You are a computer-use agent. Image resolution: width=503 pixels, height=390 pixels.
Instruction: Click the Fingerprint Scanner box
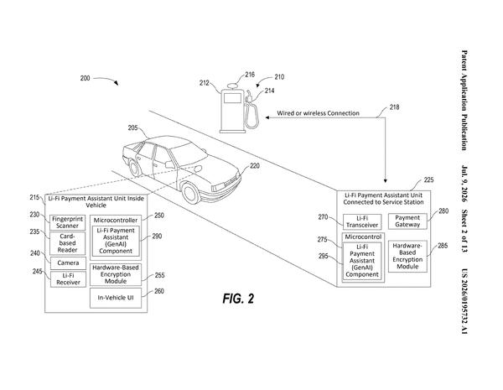(67, 222)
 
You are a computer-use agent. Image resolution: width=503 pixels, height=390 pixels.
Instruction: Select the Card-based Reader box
(67, 243)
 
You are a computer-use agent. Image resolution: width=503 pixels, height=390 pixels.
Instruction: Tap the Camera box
(68, 263)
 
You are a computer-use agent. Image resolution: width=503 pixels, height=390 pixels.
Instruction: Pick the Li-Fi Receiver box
(68, 279)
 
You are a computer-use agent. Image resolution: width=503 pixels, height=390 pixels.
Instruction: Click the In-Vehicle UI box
(116, 298)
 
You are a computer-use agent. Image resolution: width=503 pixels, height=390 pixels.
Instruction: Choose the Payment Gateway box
(407, 221)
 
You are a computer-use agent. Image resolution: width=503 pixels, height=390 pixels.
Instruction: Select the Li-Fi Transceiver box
(362, 221)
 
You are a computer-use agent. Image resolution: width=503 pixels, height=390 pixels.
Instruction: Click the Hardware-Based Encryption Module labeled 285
(407, 256)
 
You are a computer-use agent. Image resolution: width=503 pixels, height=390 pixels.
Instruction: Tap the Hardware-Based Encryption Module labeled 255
(116, 274)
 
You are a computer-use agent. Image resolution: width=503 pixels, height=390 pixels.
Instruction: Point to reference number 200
(85, 78)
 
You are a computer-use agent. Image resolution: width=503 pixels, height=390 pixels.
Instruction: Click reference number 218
(394, 107)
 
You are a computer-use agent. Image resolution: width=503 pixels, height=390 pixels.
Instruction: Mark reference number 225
(428, 179)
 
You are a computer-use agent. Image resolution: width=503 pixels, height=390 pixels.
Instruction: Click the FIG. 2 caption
(238, 299)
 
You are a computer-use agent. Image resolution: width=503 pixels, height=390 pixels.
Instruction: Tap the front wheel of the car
(191, 193)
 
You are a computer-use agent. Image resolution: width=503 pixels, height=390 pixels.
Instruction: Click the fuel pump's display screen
(232, 98)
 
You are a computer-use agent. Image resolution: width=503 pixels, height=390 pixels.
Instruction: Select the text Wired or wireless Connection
(318, 113)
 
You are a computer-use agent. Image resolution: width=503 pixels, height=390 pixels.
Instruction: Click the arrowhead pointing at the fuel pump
(267, 117)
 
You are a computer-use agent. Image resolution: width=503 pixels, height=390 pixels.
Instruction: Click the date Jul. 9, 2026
(464, 184)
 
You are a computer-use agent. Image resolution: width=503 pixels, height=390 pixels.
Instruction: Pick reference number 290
(157, 237)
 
